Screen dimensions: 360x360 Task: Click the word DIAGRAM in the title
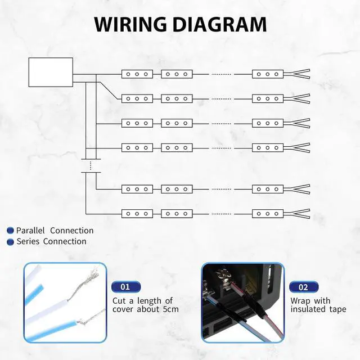tap(220, 24)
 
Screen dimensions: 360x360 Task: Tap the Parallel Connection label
tap(55, 231)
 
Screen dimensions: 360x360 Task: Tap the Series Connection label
tap(51, 241)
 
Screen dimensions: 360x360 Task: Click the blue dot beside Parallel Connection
tap(10, 231)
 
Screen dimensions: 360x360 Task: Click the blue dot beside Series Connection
tap(10, 242)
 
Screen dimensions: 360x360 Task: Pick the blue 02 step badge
tap(304, 287)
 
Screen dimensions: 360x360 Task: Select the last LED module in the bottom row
tap(268, 214)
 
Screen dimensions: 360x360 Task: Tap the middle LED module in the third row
tap(177, 123)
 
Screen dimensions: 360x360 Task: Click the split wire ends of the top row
tap(297, 74)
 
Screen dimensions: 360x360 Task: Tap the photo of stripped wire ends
tap(64, 303)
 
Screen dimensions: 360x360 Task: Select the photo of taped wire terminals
tap(243, 303)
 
